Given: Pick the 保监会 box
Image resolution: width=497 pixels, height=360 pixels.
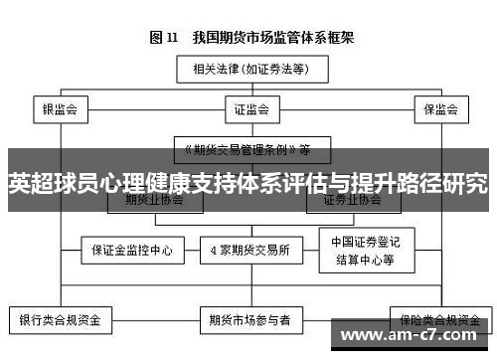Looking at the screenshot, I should (439, 108).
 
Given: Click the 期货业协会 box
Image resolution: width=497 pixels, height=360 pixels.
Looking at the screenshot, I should (155, 200).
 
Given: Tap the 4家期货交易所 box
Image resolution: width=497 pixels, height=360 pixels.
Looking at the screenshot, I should (249, 251).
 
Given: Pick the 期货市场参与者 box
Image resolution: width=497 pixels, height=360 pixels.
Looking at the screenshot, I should (249, 321).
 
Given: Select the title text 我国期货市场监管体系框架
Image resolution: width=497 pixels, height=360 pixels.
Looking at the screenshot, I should (267, 38).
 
